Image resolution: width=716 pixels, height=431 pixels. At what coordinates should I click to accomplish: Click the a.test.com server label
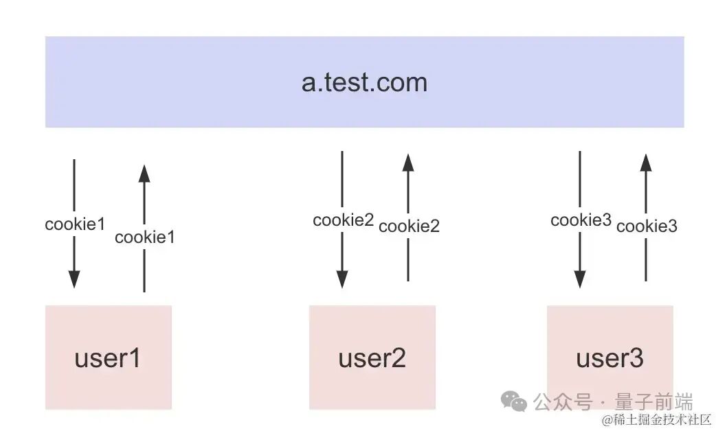364,82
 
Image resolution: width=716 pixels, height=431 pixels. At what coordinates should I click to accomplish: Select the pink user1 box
108,357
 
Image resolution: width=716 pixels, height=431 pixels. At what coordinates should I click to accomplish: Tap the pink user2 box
372,357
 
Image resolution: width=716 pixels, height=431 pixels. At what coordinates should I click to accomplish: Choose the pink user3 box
609,357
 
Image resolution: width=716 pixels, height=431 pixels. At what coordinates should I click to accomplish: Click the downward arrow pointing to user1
74,261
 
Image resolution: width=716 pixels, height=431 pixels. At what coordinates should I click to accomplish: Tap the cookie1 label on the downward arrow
74,224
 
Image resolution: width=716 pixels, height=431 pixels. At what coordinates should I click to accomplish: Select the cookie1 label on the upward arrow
144,237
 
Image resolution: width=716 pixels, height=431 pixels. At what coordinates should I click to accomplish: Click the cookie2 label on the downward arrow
343,220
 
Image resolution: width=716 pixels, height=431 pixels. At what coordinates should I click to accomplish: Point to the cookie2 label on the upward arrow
409,226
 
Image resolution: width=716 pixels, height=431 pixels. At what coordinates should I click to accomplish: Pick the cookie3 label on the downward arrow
581,220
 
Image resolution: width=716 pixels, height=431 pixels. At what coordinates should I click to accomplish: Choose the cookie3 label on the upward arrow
647,226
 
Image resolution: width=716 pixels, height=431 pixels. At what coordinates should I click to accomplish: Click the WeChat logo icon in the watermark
514,400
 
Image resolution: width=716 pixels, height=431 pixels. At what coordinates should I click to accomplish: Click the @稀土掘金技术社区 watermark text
656,419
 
